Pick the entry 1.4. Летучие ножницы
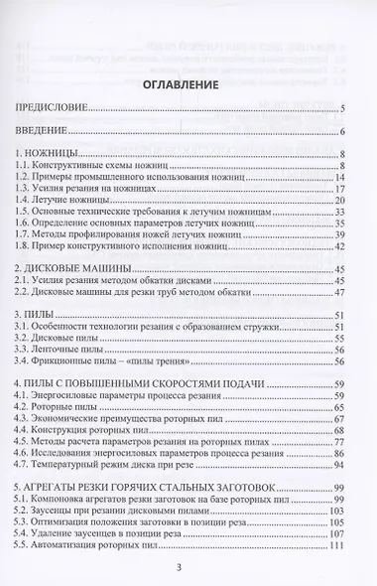(x=81, y=200)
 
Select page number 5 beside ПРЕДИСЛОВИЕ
(x=340, y=106)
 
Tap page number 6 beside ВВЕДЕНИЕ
(x=340, y=130)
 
